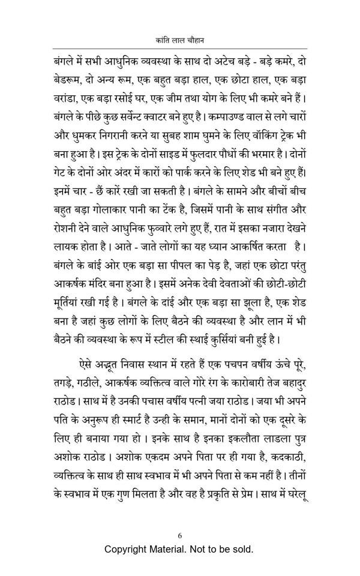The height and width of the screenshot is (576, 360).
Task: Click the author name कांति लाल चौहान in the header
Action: coord(179,39)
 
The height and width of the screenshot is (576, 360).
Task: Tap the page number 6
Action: coord(179,536)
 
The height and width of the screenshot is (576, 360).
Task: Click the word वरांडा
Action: coord(68,98)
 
